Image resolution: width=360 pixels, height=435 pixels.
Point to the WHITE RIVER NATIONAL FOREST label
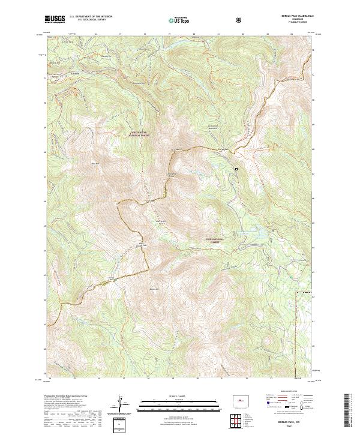[139, 135]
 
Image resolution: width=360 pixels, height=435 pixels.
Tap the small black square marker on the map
[236, 169]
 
